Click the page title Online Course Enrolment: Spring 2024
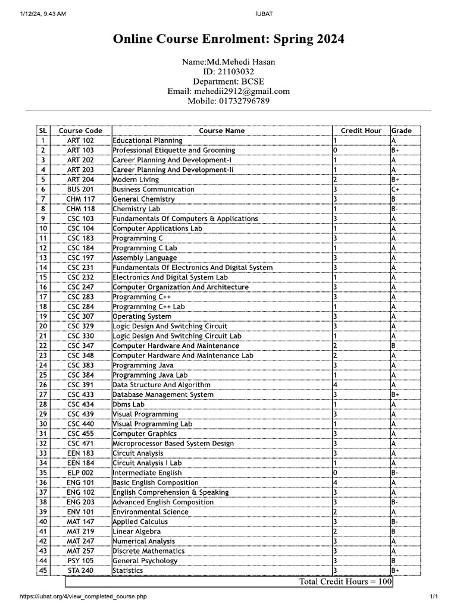[x=228, y=39]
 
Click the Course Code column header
[x=80, y=131]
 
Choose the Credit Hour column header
[x=361, y=131]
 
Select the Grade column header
[x=402, y=131]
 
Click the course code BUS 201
[x=80, y=189]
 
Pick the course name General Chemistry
[x=143, y=199]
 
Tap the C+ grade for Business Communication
[x=396, y=189]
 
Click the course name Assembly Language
[x=145, y=258]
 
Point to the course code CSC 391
[x=80, y=385]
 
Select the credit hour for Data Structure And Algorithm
[x=336, y=385]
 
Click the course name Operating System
[x=142, y=316]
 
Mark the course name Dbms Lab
[x=129, y=404]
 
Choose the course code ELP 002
[x=80, y=473]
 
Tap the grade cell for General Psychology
[x=395, y=561]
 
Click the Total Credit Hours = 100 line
[x=345, y=581]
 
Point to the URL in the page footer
[x=83, y=597]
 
